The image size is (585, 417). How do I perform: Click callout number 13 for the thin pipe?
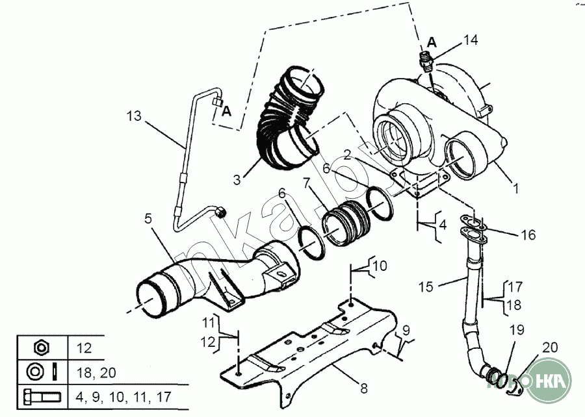point(133,116)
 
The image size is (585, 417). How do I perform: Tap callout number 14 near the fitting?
point(471,40)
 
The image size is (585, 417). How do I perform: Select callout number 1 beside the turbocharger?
point(515,188)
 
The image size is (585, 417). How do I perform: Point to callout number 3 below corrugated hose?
point(238,177)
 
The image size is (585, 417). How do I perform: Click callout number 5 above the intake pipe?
point(148,219)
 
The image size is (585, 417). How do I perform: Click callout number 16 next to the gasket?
point(528,234)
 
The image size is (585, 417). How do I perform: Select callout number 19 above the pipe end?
point(516,329)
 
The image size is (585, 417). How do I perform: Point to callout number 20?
point(550,347)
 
